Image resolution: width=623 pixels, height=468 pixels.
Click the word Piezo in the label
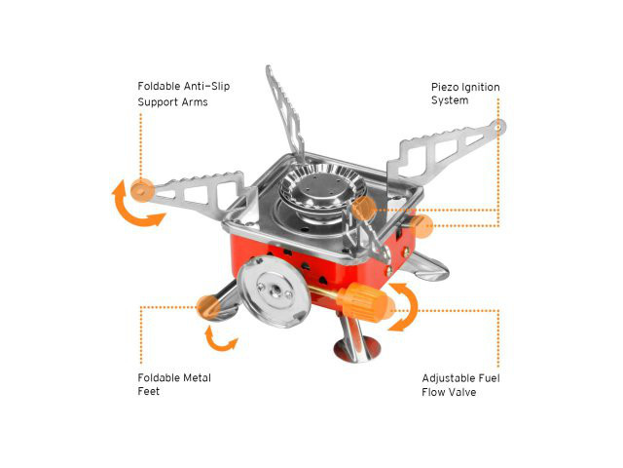(x=447, y=88)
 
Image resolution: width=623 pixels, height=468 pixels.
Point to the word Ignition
(x=482, y=88)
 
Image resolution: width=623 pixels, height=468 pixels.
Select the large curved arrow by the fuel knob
(x=406, y=308)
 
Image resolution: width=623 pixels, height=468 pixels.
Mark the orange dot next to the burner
(x=364, y=208)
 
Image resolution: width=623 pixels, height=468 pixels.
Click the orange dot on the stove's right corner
(x=421, y=226)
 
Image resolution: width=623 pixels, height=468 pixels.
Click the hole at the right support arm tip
(x=498, y=127)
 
